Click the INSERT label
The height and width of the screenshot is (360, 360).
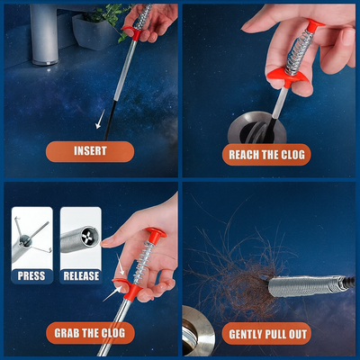point(90,151)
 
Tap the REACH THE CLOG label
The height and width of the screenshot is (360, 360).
point(266,155)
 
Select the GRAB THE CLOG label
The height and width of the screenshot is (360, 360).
point(90,333)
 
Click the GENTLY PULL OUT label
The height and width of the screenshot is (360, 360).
point(267,334)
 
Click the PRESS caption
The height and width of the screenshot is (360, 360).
point(31,276)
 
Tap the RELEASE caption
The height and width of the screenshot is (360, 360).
point(81,276)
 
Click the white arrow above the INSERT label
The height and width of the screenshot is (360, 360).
point(100,120)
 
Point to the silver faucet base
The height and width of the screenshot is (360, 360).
point(44,33)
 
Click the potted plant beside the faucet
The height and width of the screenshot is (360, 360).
point(99,27)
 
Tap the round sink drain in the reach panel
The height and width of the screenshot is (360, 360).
point(256,129)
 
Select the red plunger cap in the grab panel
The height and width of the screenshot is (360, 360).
point(156,235)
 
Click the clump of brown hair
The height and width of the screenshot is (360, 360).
point(240,276)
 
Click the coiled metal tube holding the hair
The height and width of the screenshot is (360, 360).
point(306,286)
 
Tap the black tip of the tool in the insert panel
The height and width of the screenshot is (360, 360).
point(110,120)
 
